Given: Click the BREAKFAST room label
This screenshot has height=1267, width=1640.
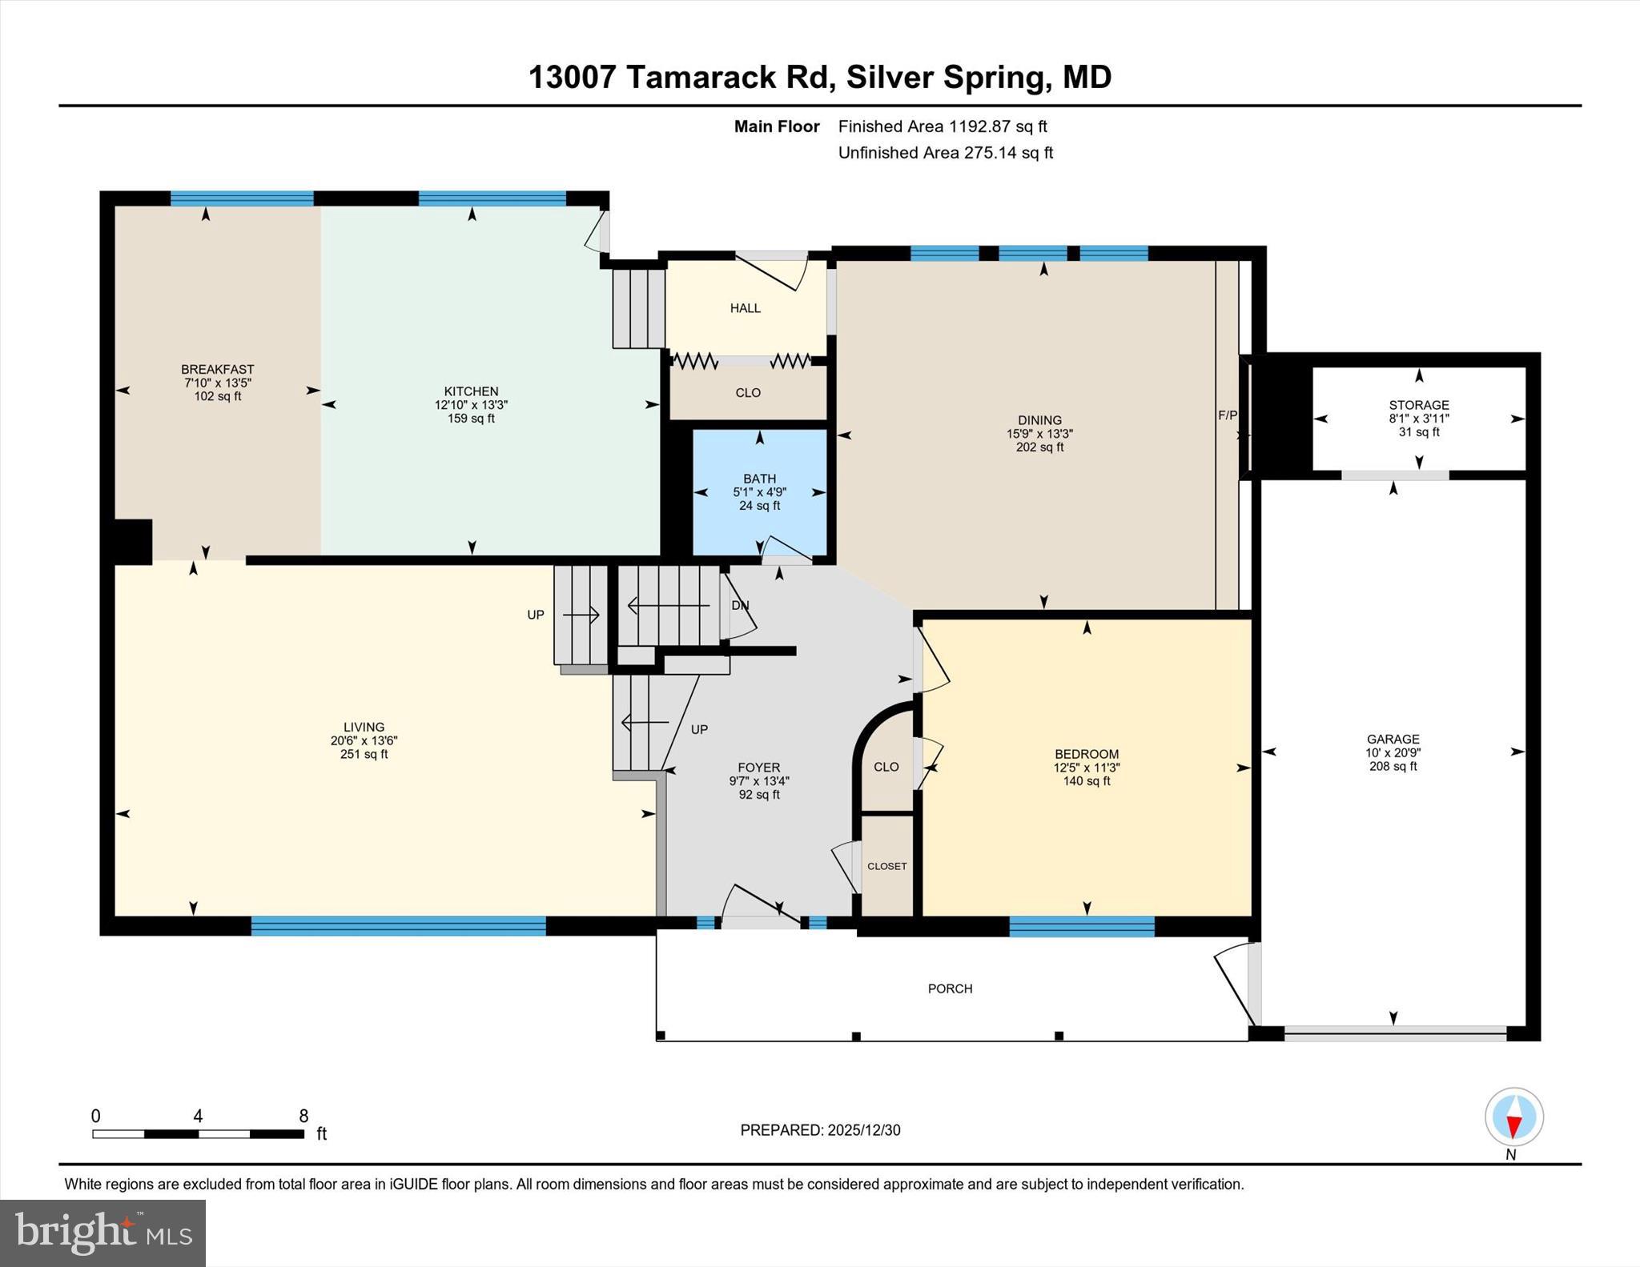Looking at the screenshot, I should pyautogui.click(x=217, y=369).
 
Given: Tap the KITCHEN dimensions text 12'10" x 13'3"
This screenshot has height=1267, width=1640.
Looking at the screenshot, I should pyautogui.click(x=471, y=405).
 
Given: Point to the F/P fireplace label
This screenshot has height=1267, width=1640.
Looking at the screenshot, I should pyautogui.click(x=1227, y=415).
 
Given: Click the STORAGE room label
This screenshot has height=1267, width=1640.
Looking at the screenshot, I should pyautogui.click(x=1418, y=405).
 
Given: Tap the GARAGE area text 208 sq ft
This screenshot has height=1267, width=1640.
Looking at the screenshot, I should pyautogui.click(x=1393, y=766).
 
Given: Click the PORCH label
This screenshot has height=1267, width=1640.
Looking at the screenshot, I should pyautogui.click(x=950, y=988).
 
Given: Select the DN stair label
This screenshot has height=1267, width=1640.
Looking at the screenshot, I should pyautogui.click(x=740, y=606).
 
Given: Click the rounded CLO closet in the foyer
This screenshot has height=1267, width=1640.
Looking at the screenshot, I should pyautogui.click(x=886, y=766).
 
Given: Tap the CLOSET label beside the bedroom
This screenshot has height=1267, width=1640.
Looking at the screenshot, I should pyautogui.click(x=886, y=866).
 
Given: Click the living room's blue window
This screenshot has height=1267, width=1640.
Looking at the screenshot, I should pyautogui.click(x=398, y=925).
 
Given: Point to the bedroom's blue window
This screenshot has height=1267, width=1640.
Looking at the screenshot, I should pyautogui.click(x=1081, y=926).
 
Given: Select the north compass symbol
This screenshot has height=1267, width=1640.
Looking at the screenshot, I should pyautogui.click(x=1513, y=1117).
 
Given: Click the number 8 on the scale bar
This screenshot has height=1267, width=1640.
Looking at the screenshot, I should pyautogui.click(x=303, y=1116).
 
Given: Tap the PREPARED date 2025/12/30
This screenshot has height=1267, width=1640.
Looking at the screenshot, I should pyautogui.click(x=864, y=1130).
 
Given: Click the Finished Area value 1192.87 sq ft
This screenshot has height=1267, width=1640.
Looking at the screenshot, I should pyautogui.click(x=998, y=126).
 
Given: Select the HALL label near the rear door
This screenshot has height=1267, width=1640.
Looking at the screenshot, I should pyautogui.click(x=745, y=308).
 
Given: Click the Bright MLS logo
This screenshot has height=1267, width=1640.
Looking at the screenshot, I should pyautogui.click(x=102, y=1233).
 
